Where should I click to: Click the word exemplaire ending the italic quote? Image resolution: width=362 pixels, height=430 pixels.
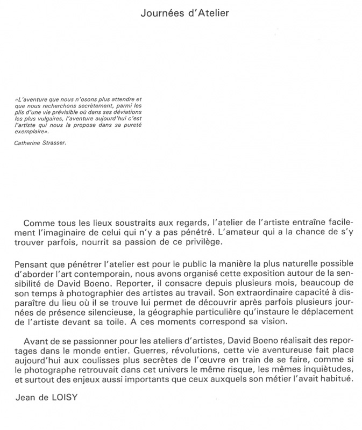click(31, 131)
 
